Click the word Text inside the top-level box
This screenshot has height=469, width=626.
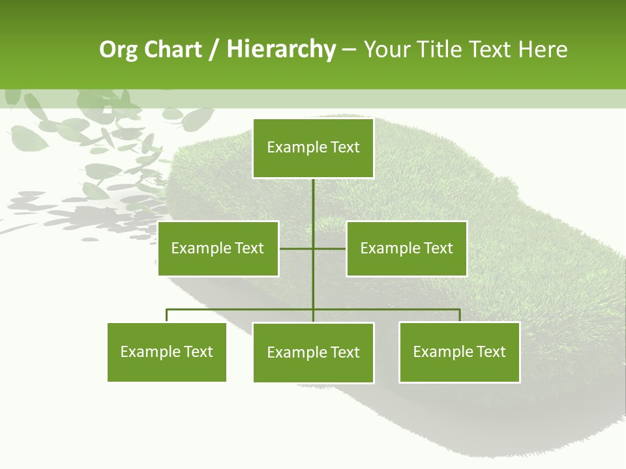345,147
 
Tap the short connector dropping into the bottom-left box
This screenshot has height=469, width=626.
167,316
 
